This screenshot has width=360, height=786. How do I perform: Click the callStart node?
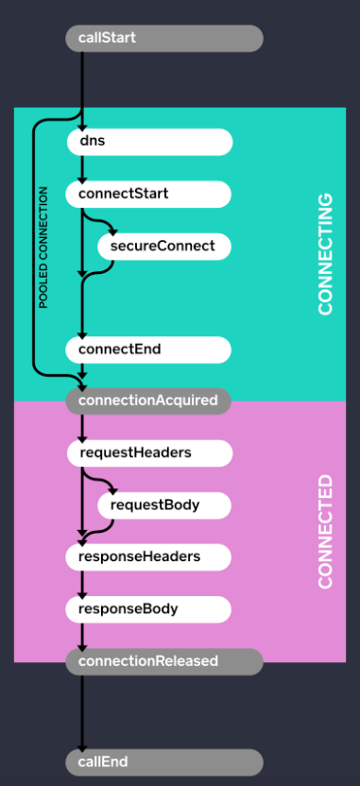pos(163,38)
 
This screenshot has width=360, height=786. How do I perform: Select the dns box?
pos(149,142)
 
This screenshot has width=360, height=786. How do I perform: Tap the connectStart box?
pos(148,194)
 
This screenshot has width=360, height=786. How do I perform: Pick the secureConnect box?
pos(164,246)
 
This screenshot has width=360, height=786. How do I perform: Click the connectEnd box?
pos(148,349)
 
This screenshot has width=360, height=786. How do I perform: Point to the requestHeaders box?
pos(148,453)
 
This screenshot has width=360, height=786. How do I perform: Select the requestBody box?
pos(164,504)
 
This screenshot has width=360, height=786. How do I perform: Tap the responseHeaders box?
pos(148,556)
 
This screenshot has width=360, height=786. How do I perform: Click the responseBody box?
pos(148,608)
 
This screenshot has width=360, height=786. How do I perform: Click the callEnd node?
pos(163,761)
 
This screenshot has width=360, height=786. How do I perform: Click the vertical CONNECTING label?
pos(325,254)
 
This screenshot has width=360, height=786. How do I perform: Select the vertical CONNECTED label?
pos(325,532)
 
